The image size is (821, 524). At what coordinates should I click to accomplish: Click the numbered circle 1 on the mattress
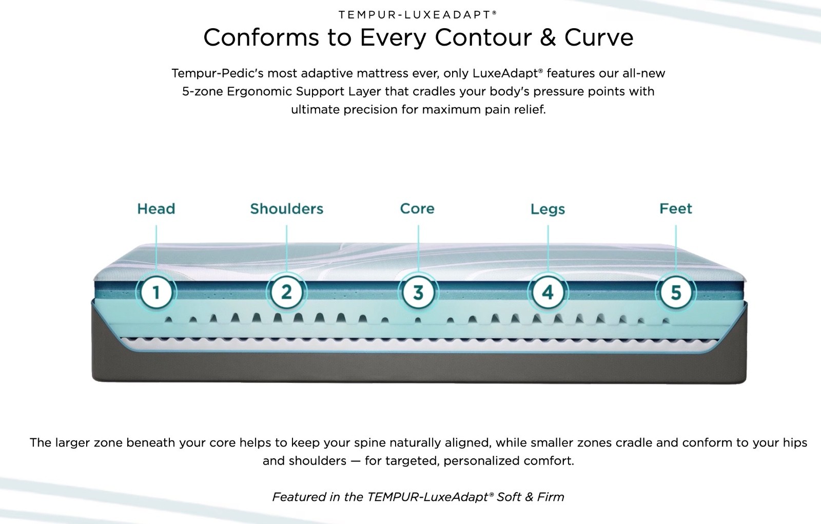(156, 293)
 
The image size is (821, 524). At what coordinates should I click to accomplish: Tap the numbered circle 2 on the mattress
(287, 293)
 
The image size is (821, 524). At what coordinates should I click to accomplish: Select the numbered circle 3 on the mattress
(418, 293)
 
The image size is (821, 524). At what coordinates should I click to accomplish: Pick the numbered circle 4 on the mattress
(548, 293)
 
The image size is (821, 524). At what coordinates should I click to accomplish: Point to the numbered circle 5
(676, 293)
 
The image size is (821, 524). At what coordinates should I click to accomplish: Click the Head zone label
(156, 209)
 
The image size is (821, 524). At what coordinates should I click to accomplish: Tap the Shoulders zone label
(287, 209)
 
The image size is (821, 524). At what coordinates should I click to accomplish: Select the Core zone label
(417, 209)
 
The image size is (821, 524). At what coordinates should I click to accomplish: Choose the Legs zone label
(548, 209)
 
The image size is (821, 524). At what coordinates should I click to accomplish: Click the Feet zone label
(676, 209)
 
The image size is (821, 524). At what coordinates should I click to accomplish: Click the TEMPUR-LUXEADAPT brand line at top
(418, 15)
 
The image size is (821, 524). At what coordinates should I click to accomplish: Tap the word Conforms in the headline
(261, 37)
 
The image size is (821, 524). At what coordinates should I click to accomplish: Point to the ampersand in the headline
(548, 37)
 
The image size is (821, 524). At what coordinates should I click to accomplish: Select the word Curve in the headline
(599, 37)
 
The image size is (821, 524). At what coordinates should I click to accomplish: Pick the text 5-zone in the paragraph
(202, 91)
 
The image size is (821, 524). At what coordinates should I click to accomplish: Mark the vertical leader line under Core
(418, 250)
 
